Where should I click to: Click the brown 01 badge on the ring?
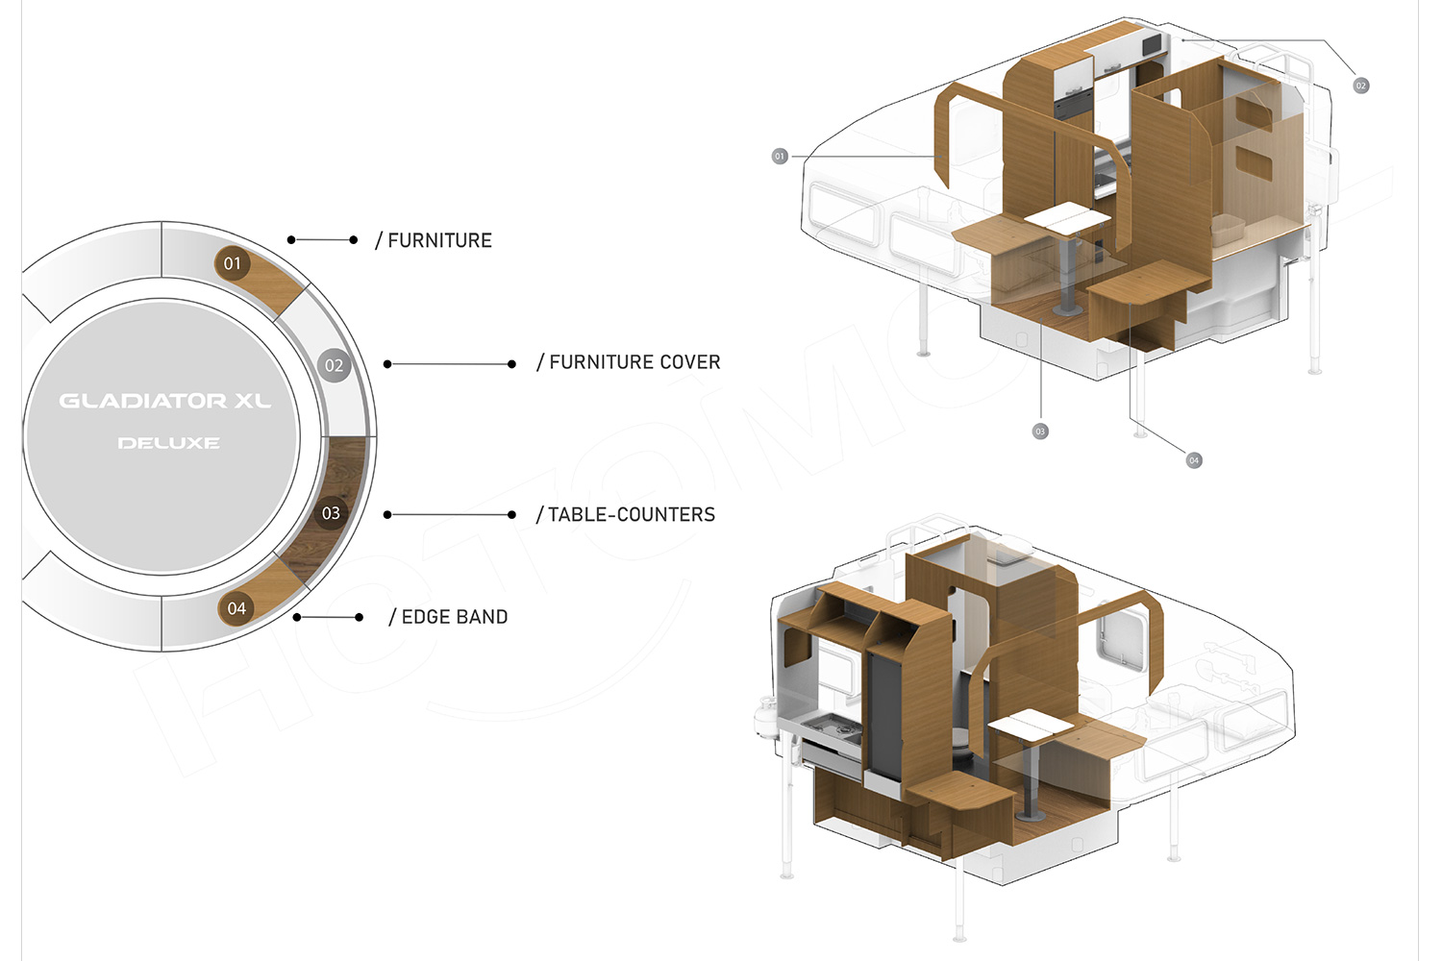tap(232, 263)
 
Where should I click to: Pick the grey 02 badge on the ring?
tap(334, 365)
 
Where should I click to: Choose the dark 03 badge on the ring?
tap(331, 513)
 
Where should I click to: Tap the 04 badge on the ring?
tap(236, 608)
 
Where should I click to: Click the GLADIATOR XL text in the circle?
tap(164, 402)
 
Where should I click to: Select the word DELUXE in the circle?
tap(168, 443)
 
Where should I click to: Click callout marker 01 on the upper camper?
tap(780, 157)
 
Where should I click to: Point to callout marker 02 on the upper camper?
tap(1360, 86)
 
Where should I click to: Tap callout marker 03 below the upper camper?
tap(1040, 431)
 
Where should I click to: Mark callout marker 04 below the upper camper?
tap(1194, 460)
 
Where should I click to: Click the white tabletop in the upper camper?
tap(1067, 219)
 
